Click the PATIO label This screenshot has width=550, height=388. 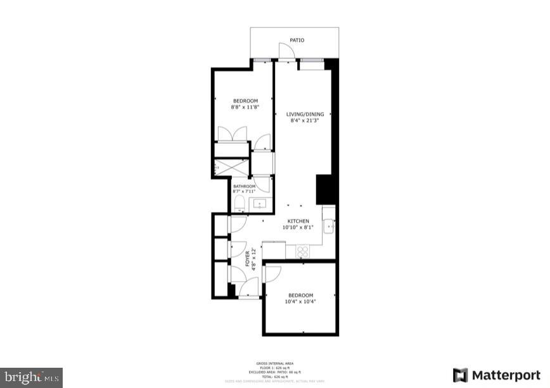click(x=297, y=40)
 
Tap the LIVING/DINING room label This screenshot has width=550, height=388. click(x=305, y=115)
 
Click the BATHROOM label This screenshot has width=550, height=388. click(x=244, y=186)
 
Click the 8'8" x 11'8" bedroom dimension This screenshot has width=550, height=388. click(x=245, y=107)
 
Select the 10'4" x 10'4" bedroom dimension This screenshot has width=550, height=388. click(x=301, y=301)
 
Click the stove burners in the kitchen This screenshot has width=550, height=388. click(x=302, y=251)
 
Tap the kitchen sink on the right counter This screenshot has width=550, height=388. click(x=329, y=226)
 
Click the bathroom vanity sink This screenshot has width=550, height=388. click(x=260, y=204)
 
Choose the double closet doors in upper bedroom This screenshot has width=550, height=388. click(x=232, y=134)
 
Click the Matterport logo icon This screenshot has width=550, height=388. click(x=461, y=375)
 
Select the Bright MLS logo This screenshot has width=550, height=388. click(x=32, y=377)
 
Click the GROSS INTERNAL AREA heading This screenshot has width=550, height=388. click(x=274, y=363)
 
